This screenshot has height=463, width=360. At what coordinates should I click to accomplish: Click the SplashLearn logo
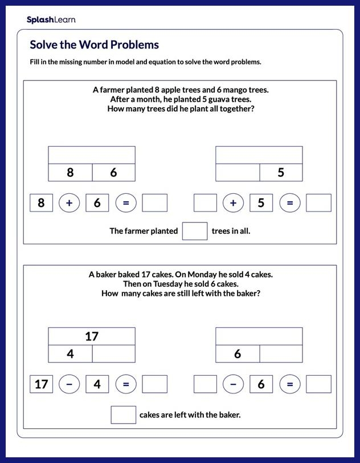click(51, 20)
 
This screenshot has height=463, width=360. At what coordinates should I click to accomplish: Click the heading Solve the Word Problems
click(94, 45)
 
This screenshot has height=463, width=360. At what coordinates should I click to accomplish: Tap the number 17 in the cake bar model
click(92, 336)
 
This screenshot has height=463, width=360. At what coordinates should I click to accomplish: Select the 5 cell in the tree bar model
click(281, 172)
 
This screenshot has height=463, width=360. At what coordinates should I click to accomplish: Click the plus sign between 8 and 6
click(69, 203)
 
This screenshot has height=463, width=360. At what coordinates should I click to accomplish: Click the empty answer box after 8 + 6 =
click(154, 203)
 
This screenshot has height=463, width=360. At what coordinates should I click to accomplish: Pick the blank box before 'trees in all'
click(194, 231)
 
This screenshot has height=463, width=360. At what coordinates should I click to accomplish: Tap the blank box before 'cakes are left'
click(123, 415)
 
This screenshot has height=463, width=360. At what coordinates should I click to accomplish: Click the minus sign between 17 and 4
click(69, 384)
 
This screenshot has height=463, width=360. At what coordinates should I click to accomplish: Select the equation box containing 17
click(41, 384)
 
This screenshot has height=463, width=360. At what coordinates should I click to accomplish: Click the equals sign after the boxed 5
click(290, 203)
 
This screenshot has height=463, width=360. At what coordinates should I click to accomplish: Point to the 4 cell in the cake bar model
click(70, 354)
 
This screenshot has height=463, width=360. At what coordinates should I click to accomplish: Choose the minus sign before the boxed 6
click(233, 384)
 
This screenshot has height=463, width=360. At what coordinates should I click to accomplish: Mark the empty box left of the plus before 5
click(205, 203)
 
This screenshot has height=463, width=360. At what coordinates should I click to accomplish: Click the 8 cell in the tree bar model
click(70, 172)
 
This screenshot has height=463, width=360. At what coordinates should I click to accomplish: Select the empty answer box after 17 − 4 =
click(154, 384)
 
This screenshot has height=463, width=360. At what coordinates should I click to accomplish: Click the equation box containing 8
click(41, 203)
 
